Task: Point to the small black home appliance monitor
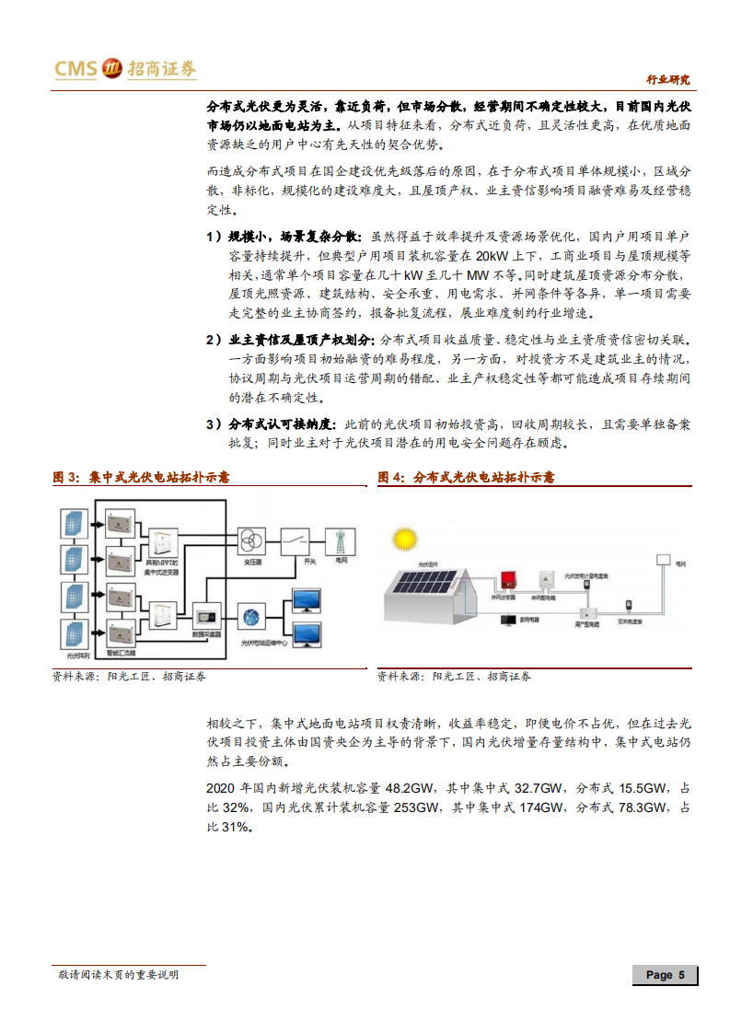point(508,621)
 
